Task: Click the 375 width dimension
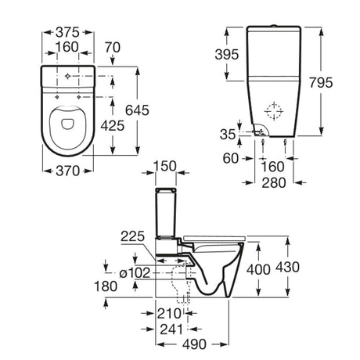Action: (x=67, y=32)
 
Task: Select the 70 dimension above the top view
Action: (x=113, y=48)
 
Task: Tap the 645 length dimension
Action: (x=137, y=110)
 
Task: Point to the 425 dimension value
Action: (x=113, y=126)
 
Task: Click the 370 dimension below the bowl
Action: (x=67, y=171)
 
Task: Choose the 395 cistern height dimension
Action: (x=227, y=55)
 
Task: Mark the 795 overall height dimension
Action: (x=321, y=83)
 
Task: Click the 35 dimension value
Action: (x=228, y=135)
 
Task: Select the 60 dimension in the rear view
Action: (x=231, y=158)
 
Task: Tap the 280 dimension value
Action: (x=274, y=182)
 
